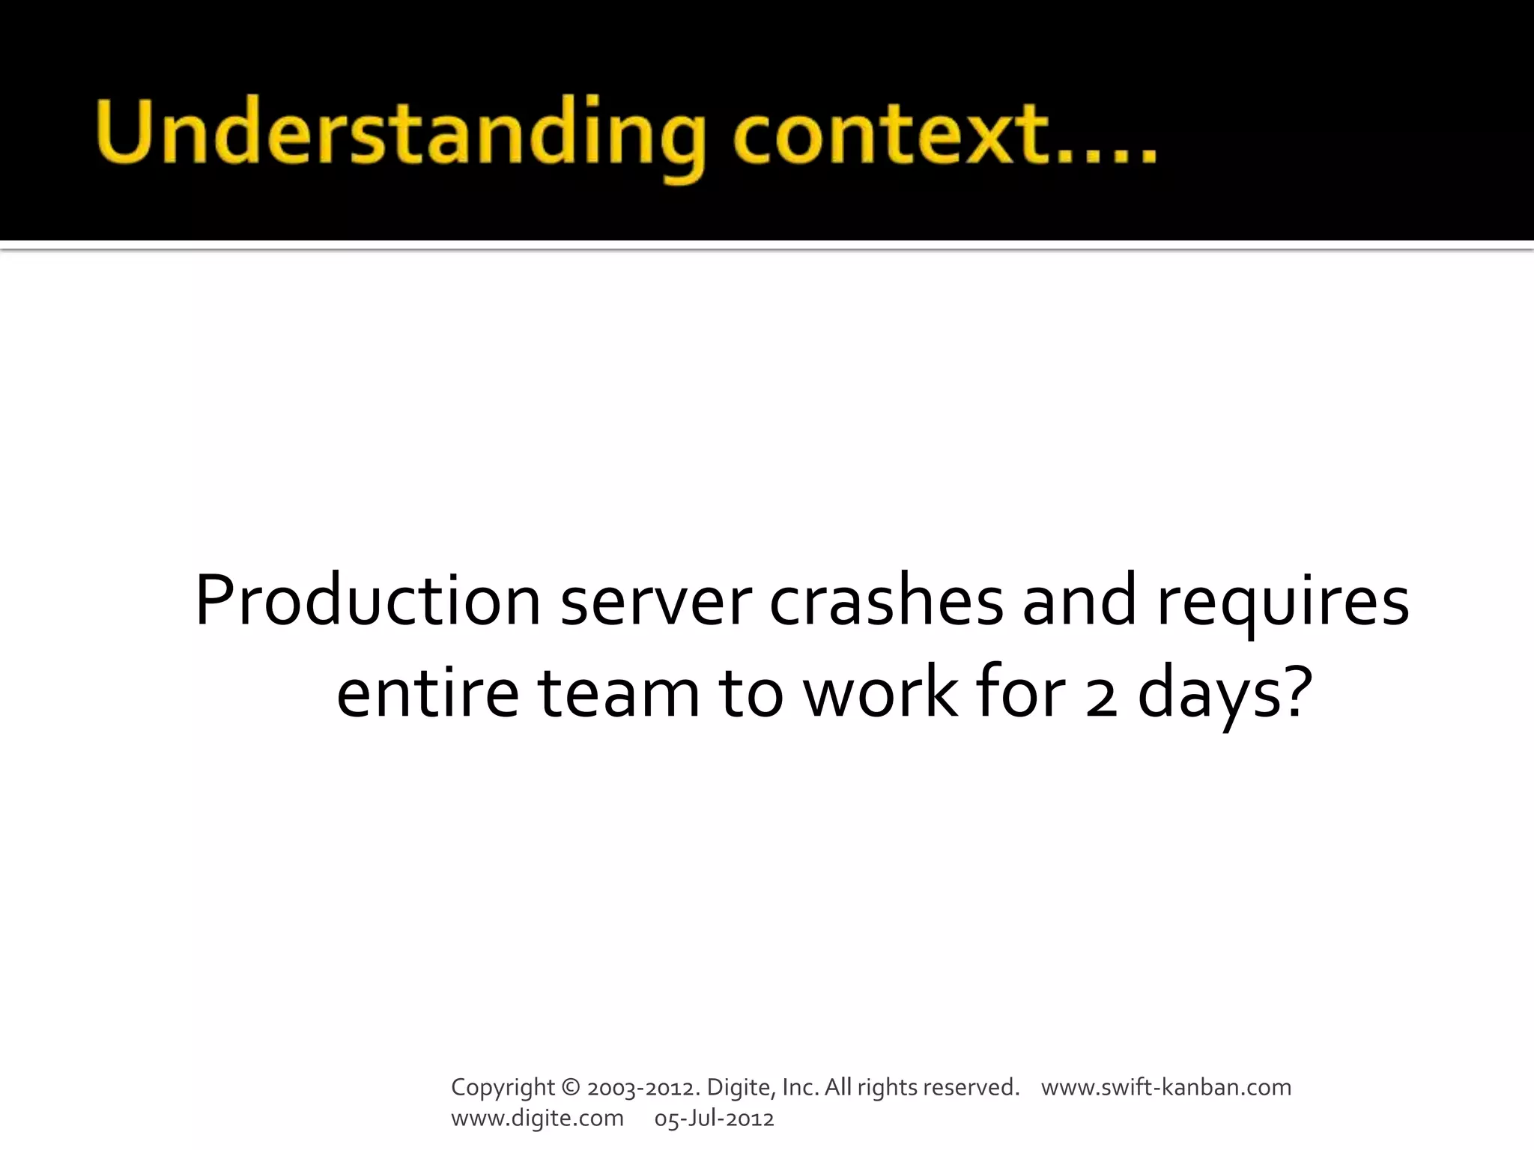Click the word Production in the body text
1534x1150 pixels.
368,601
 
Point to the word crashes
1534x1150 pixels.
886,601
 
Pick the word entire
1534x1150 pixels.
427,693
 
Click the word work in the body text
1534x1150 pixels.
881,693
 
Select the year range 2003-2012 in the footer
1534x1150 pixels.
643,1087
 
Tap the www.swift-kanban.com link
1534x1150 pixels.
1166,1087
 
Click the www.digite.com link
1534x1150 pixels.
537,1119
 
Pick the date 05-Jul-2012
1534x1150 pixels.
714,1119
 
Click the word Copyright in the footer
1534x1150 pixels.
503,1088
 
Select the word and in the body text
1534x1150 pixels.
1079,601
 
